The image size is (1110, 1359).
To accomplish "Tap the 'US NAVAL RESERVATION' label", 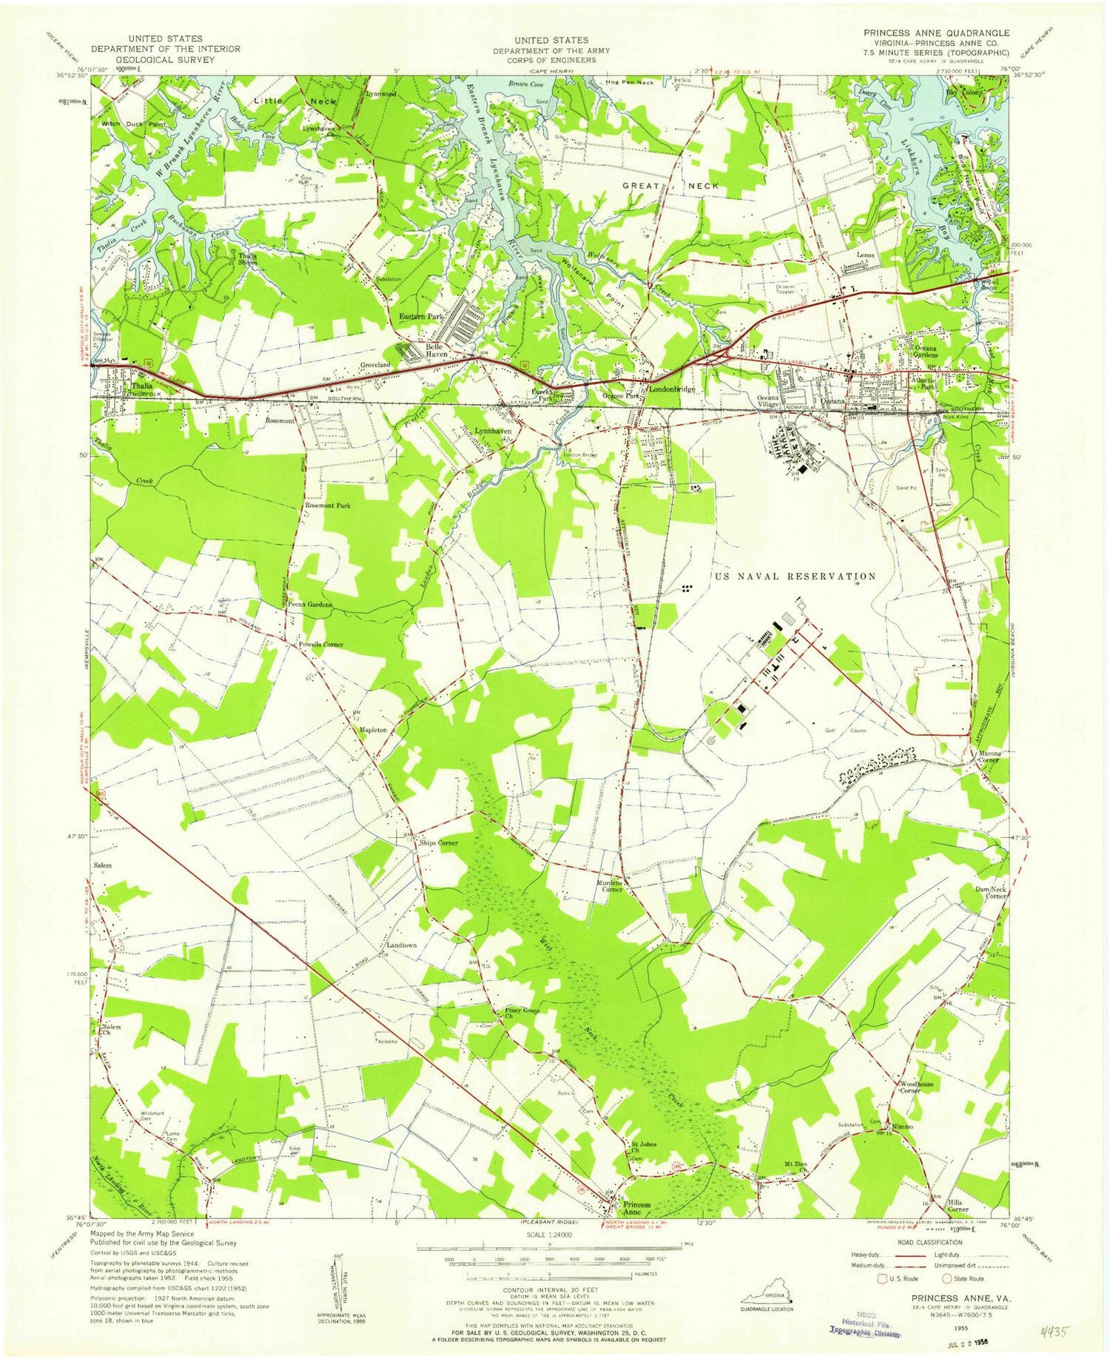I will pos(794,576).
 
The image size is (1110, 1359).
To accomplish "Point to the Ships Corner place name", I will pos(439,843).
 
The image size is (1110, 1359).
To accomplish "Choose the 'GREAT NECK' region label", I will pos(669,186).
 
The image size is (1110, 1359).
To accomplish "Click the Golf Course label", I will pos(846,731).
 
